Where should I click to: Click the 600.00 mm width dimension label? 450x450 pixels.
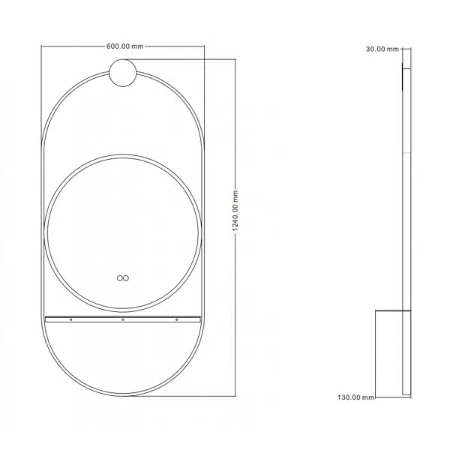(124, 46)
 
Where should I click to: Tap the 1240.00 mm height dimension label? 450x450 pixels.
(235, 211)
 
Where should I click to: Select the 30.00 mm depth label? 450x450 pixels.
(382, 49)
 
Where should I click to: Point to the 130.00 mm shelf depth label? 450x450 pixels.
(355, 397)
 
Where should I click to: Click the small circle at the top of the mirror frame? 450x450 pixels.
(123, 73)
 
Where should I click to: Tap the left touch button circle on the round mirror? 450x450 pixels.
(120, 278)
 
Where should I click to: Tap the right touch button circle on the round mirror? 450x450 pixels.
(126, 278)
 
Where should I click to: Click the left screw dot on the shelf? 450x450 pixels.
(71, 319)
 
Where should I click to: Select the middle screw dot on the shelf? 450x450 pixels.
(123, 319)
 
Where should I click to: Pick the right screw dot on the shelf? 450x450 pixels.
(177, 319)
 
